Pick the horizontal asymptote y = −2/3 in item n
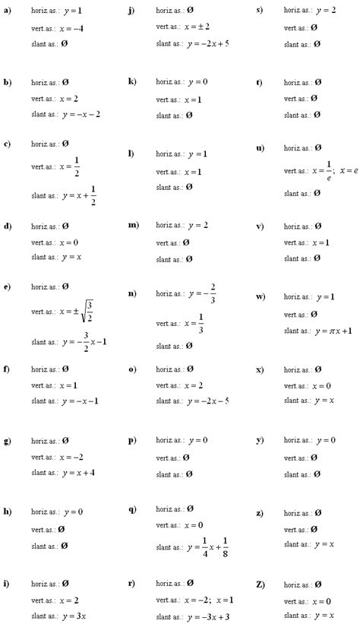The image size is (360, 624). point(202,293)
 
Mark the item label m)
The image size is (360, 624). point(133,226)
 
